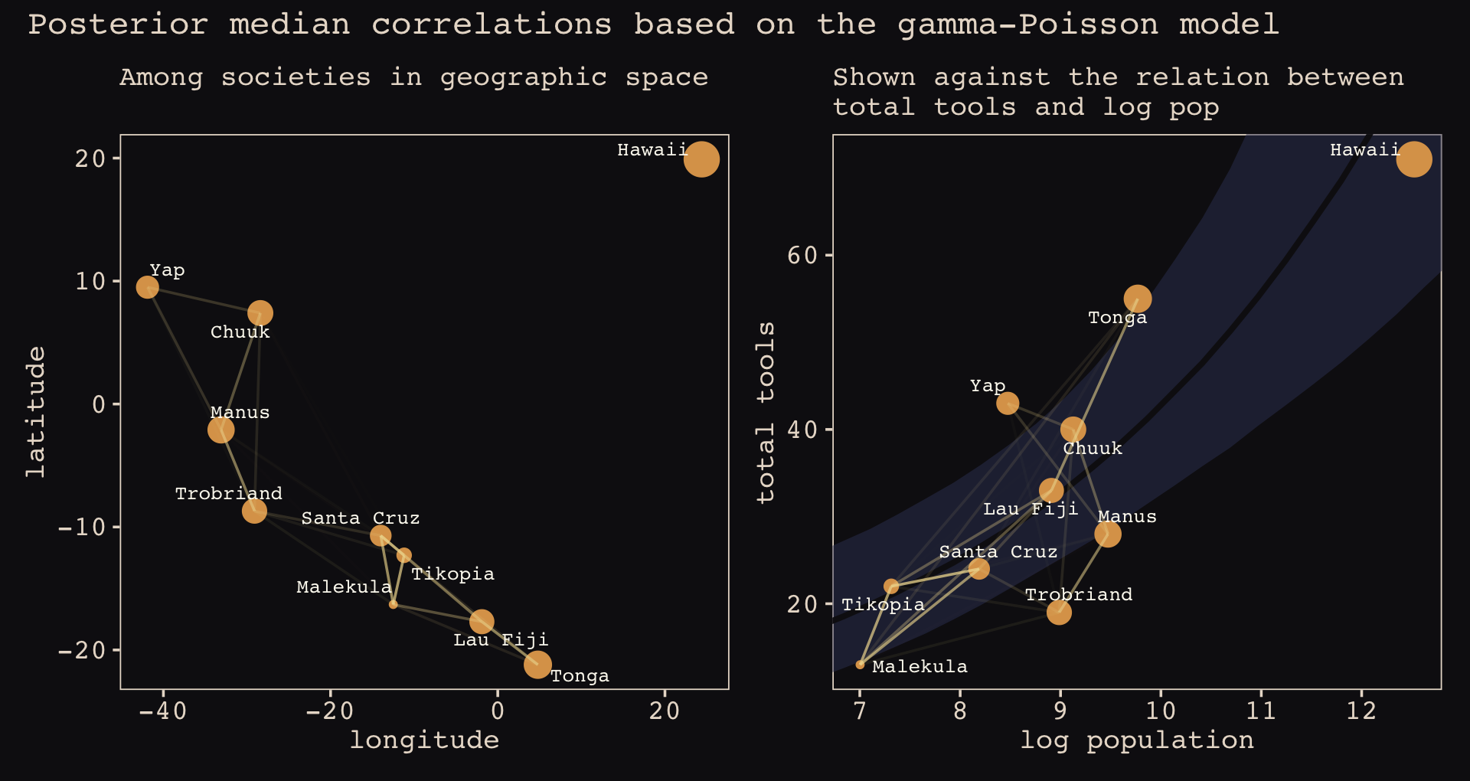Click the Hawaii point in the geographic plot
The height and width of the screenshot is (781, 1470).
[701, 159]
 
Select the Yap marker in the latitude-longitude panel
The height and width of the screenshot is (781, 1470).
[147, 287]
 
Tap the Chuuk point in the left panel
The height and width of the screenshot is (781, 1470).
[260, 313]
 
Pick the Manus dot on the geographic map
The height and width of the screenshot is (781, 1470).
[220, 430]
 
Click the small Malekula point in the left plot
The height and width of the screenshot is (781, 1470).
[393, 604]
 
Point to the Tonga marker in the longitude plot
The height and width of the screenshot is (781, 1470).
[537, 664]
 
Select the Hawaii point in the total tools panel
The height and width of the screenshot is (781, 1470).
[1414, 159]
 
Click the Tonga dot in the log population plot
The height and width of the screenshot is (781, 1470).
[1138, 299]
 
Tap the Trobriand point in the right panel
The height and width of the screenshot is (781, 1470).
[1059, 612]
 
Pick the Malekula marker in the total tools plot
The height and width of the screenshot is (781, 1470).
[860, 665]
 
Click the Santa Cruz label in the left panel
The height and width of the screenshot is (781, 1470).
[361, 518]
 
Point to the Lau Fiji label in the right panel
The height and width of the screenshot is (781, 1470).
[1031, 509]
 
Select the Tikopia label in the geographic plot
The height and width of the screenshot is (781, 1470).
[452, 574]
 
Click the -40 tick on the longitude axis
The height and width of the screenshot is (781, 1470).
[162, 711]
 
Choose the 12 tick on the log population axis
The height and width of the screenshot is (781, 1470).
[1361, 711]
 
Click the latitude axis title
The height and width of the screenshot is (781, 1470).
[36, 411]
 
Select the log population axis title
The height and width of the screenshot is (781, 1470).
[1137, 740]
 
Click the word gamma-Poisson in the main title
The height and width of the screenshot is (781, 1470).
[1027, 25]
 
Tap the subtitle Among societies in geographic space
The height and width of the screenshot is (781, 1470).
[413, 77]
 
